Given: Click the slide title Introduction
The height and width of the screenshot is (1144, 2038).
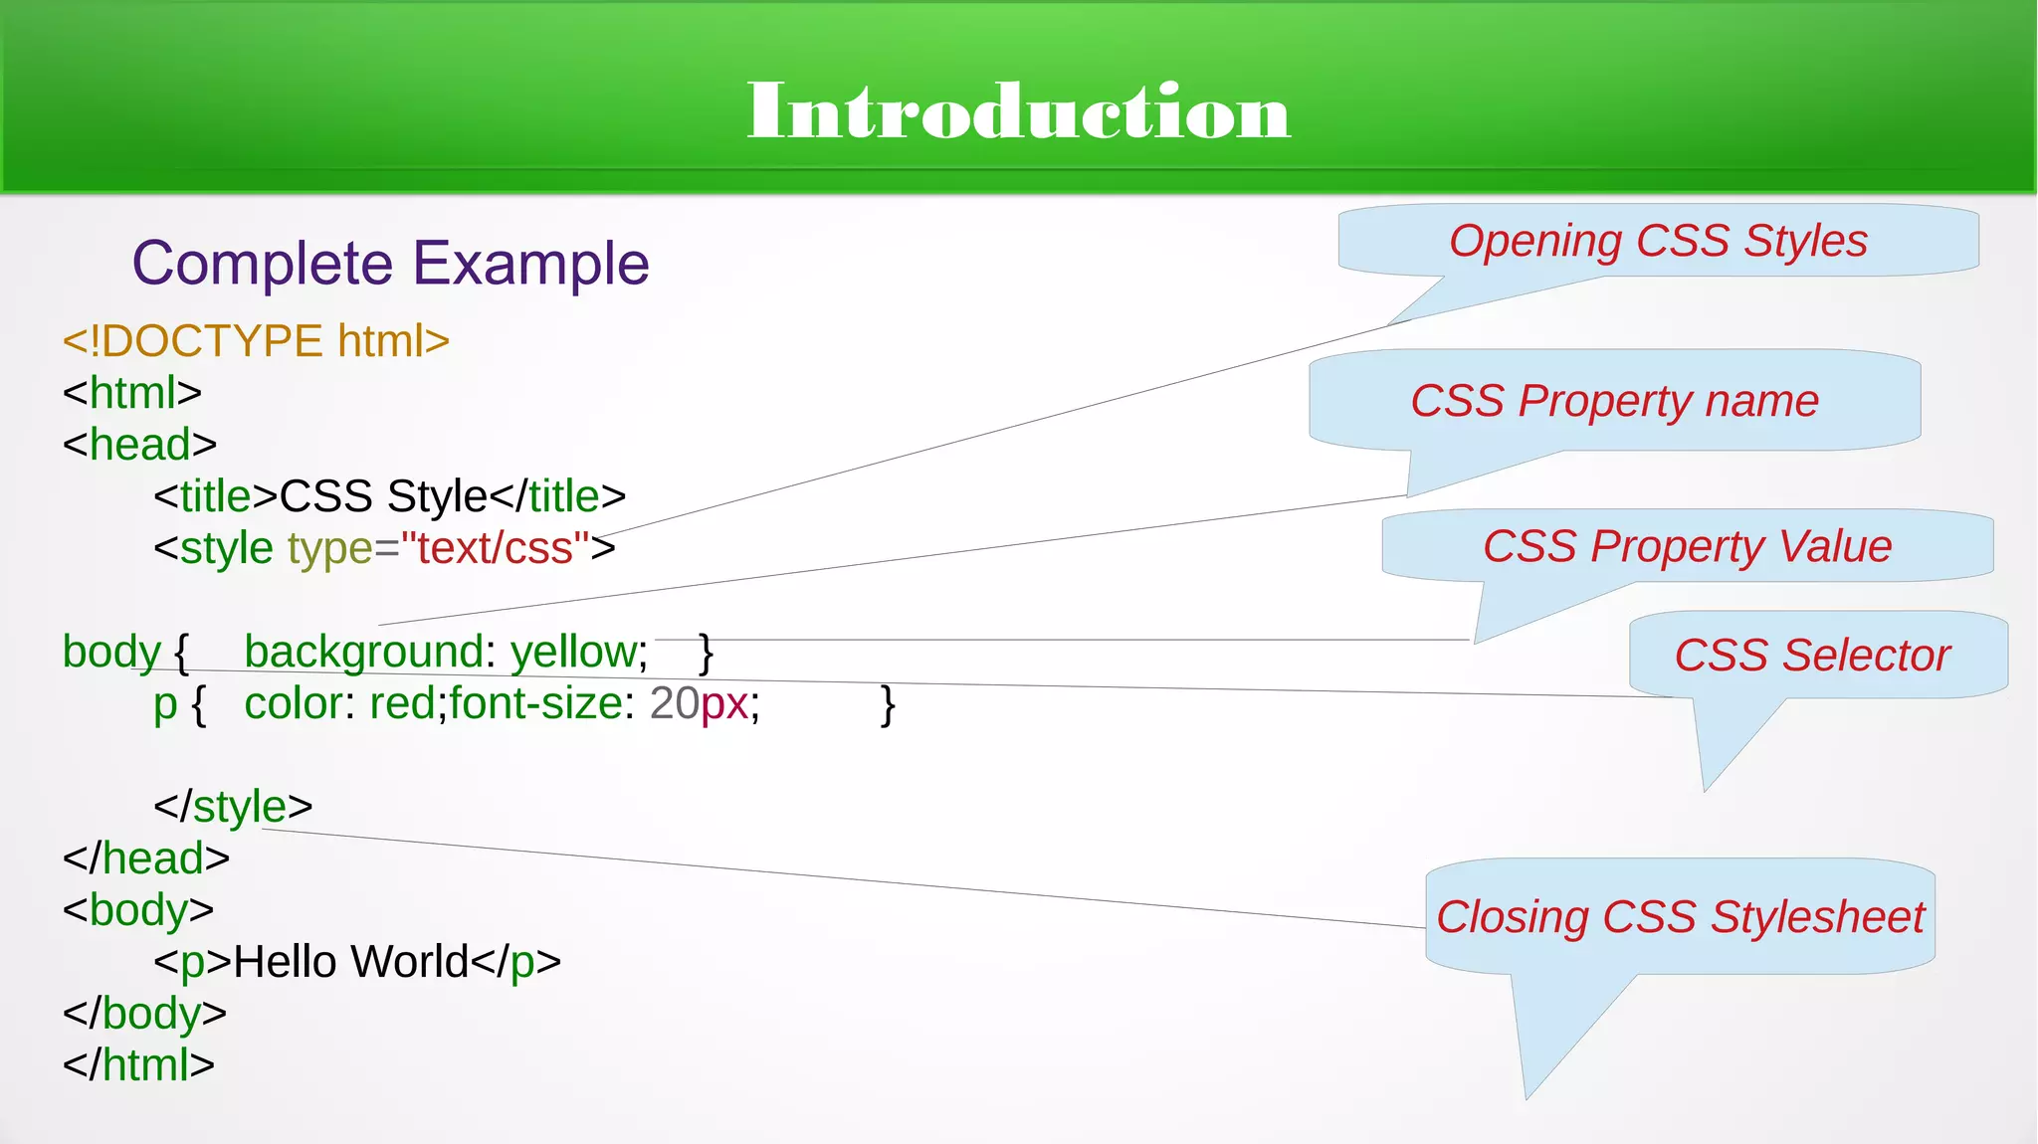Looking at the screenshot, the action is tap(1018, 111).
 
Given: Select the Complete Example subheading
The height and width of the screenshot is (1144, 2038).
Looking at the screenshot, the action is tap(390, 264).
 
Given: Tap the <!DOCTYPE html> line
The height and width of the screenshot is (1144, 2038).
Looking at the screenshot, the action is tap(256, 341).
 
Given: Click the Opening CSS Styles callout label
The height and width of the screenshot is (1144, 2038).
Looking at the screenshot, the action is tap(1658, 241).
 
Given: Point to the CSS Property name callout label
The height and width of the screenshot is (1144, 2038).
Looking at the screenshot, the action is tap(1614, 401).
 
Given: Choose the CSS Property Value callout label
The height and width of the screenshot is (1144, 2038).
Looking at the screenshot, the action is tap(1687, 546).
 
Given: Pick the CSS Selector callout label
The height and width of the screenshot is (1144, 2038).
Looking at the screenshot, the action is tap(1811, 655).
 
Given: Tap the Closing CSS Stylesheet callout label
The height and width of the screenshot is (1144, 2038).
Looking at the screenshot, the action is tap(1680, 916).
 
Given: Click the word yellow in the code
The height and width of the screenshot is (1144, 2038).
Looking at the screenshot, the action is tap(573, 653).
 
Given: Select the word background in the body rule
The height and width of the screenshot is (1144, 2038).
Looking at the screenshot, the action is tap(363, 653).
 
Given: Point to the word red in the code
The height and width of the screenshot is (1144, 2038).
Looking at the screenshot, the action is tap(402, 704).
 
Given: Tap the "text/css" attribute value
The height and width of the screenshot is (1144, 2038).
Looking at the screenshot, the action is tap(495, 548).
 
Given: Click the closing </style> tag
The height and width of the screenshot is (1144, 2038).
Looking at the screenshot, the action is tap(233, 807).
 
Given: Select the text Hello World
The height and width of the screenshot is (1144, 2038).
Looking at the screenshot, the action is tap(350, 962).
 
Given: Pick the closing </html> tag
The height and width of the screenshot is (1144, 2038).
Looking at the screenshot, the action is tap(138, 1065).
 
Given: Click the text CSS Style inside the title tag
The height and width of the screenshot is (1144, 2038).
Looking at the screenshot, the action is tap(382, 496).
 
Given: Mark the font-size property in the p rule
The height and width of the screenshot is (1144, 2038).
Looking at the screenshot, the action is tap(535, 704).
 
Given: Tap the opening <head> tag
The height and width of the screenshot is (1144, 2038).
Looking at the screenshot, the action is tap(139, 445).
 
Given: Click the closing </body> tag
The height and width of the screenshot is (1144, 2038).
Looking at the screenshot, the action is tap(144, 1014).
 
